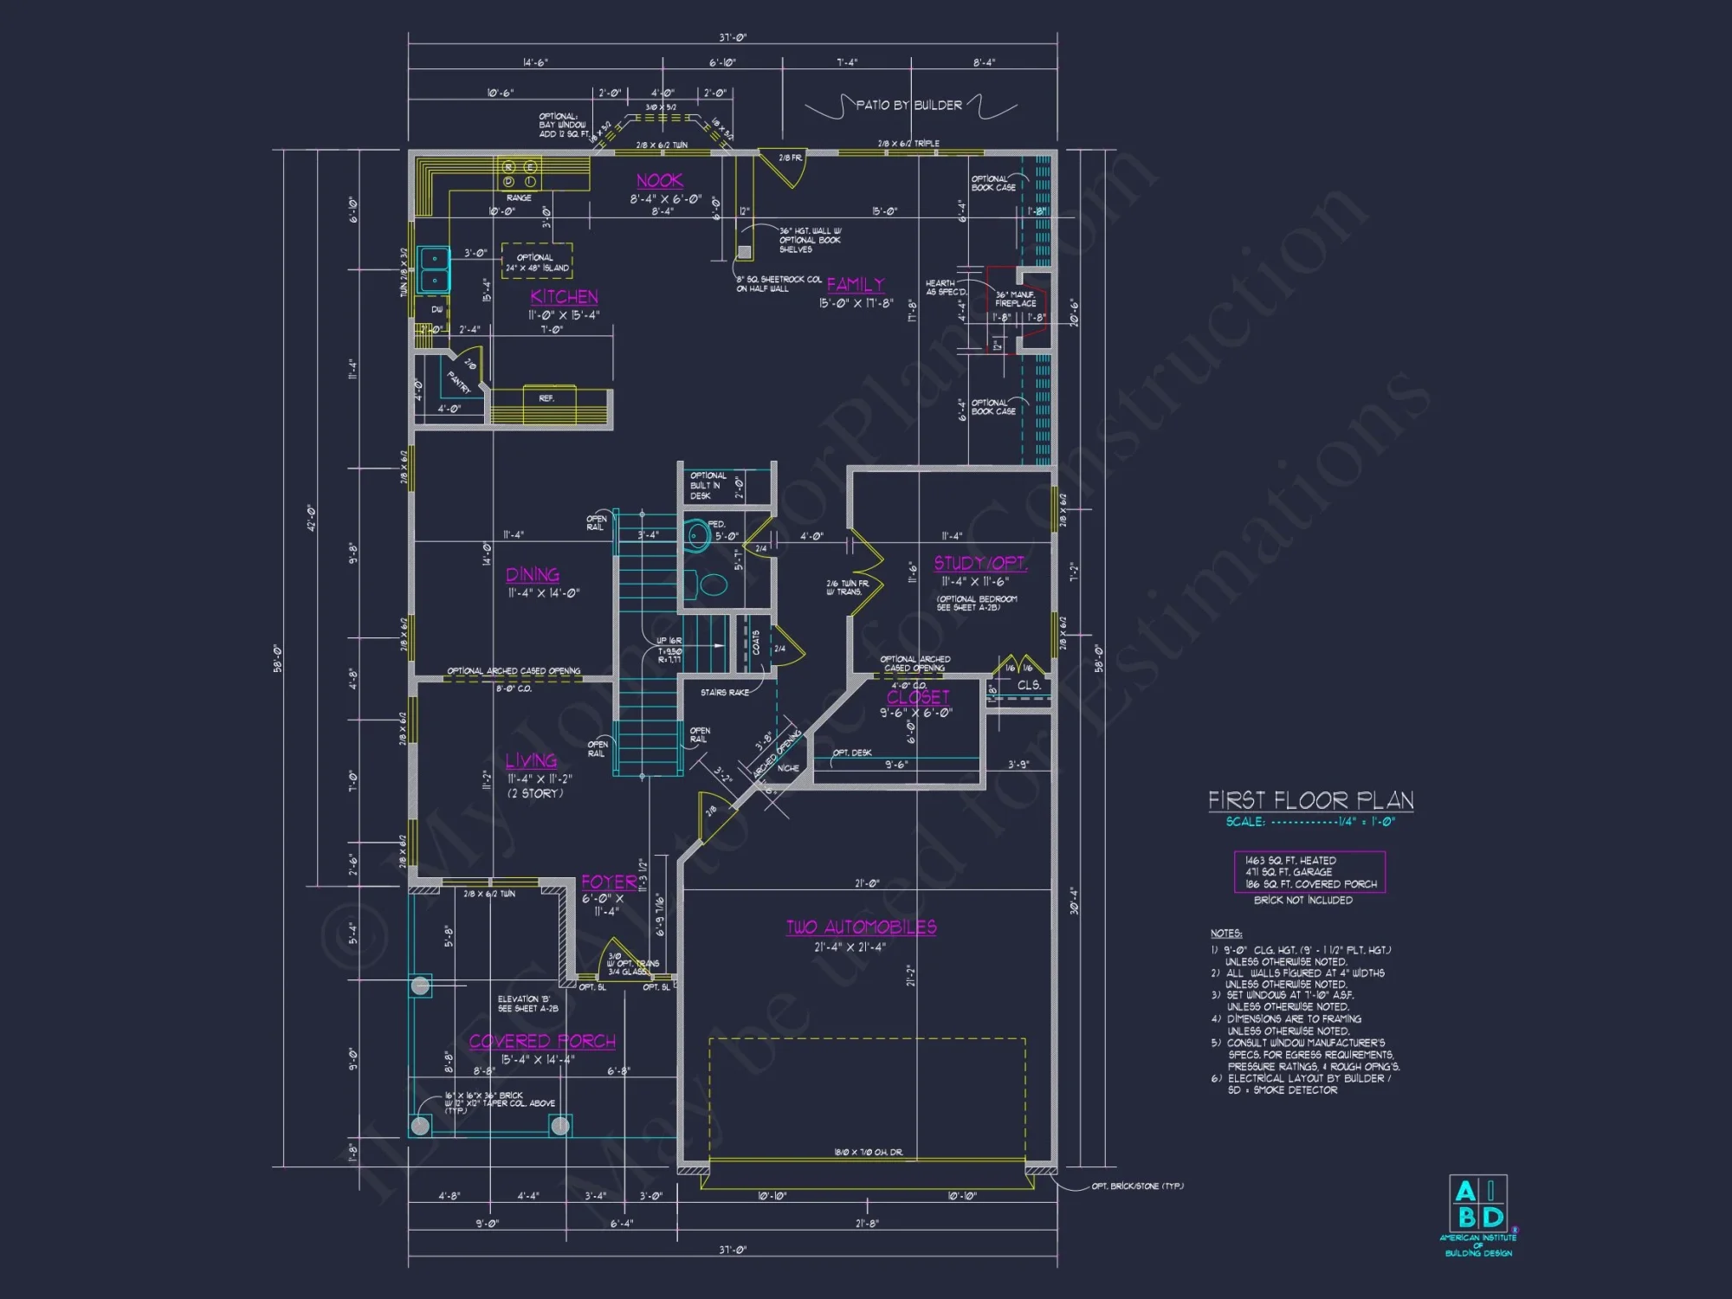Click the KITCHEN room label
[564, 297]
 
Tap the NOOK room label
[659, 181]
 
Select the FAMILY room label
[855, 285]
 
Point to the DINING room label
[533, 575]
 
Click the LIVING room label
[531, 761]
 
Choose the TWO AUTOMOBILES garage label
[861, 927]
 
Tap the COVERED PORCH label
[542, 1042]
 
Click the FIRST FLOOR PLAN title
[1310, 800]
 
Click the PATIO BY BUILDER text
[908, 106]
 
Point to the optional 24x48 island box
[537, 262]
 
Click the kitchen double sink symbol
[434, 269]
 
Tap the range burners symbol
[519, 174]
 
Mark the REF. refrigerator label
[546, 398]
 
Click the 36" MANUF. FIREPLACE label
[1015, 299]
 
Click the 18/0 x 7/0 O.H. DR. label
[868, 1153]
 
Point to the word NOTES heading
[1225, 934]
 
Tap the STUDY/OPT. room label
[980, 564]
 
